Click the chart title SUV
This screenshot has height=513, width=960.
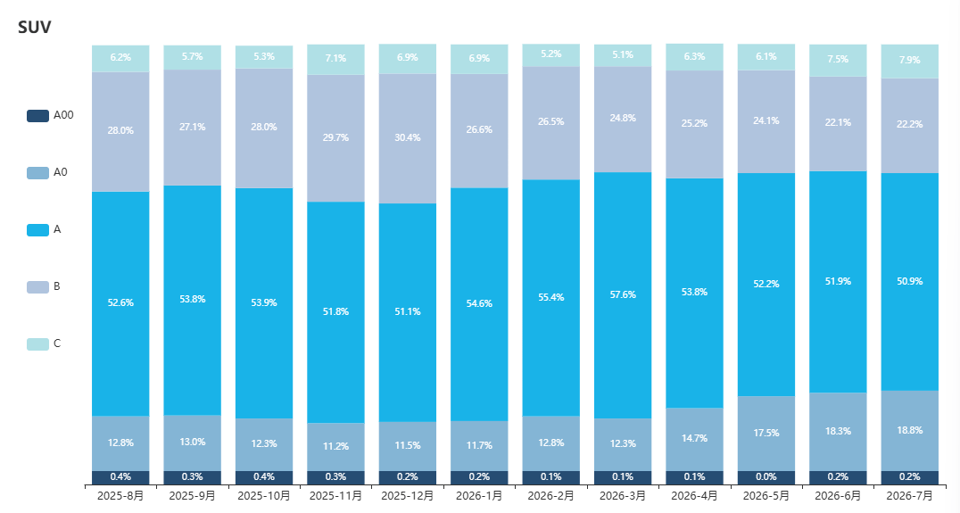click(x=34, y=27)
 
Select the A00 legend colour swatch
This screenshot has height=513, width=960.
click(x=37, y=116)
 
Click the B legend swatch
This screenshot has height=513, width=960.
click(x=37, y=287)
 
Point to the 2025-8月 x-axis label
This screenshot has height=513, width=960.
click(x=120, y=495)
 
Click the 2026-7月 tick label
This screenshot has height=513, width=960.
click(x=910, y=495)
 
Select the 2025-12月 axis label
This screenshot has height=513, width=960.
click(x=408, y=495)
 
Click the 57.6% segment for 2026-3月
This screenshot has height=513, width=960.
click(x=623, y=295)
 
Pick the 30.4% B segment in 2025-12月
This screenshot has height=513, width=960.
click(x=408, y=138)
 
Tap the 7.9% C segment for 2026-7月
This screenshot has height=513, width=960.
click(x=910, y=62)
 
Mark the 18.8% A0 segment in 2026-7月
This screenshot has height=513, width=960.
click(x=910, y=431)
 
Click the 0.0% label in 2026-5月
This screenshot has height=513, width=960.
click(x=766, y=477)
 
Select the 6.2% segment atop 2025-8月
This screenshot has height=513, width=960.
click(x=120, y=58)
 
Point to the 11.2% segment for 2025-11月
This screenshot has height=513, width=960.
click(x=335, y=447)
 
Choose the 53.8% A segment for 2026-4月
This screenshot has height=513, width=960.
click(x=694, y=294)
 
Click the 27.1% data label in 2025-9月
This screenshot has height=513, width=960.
click(x=192, y=128)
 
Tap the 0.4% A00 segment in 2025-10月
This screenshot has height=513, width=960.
click(x=264, y=477)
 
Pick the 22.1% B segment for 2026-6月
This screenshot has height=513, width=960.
click(x=838, y=124)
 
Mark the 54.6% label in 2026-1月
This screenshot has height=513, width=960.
click(x=479, y=303)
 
